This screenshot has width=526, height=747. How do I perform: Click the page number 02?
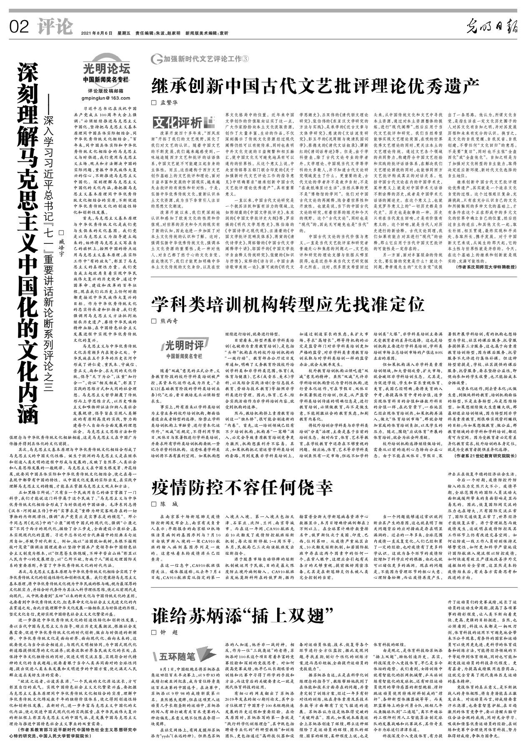pyautogui.click(x=19, y=27)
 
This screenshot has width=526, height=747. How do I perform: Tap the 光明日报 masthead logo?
pyautogui.click(x=492, y=28)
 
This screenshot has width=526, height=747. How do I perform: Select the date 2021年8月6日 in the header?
pyautogui.click(x=97, y=33)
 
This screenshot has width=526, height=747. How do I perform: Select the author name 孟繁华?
pyautogui.click(x=169, y=102)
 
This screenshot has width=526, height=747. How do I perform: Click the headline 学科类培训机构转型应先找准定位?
pyautogui.click(x=288, y=305)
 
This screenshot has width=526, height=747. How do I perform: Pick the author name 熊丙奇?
pyautogui.click(x=169, y=321)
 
